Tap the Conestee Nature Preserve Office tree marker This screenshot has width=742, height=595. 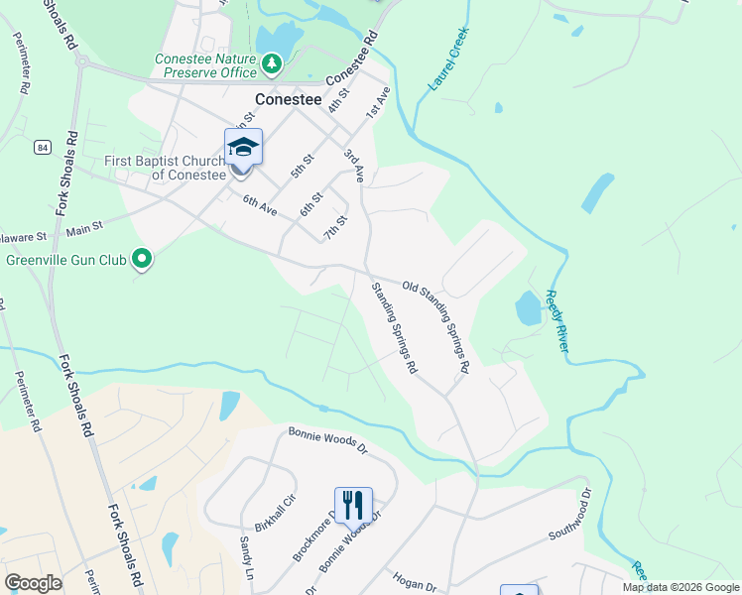pos(271,64)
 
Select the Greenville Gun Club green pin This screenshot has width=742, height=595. pos(142,260)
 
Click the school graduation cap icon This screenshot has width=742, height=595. pos(243,147)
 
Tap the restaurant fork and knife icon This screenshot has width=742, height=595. pos(353,505)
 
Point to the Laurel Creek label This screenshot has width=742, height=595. pos(447,60)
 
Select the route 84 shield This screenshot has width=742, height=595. pos(41,148)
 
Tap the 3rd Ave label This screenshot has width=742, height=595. pos(354,167)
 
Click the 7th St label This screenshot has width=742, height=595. pos(334,227)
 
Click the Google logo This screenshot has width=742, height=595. pos(33,583)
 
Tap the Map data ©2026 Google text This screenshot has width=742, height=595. pos(680,587)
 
